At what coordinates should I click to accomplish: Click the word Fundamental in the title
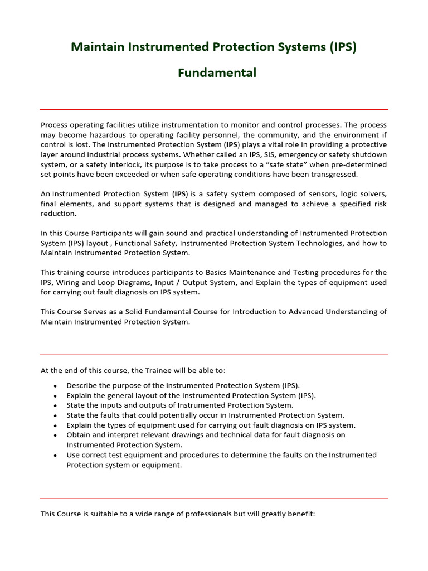coord(217,73)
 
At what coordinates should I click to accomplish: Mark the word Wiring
coord(66,282)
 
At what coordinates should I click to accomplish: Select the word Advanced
coord(299,312)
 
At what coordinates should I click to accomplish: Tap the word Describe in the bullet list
coord(82,385)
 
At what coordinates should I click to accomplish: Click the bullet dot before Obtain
coord(56,435)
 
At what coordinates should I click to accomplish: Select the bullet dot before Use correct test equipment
coord(56,455)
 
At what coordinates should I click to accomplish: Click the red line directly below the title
coord(214,109)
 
